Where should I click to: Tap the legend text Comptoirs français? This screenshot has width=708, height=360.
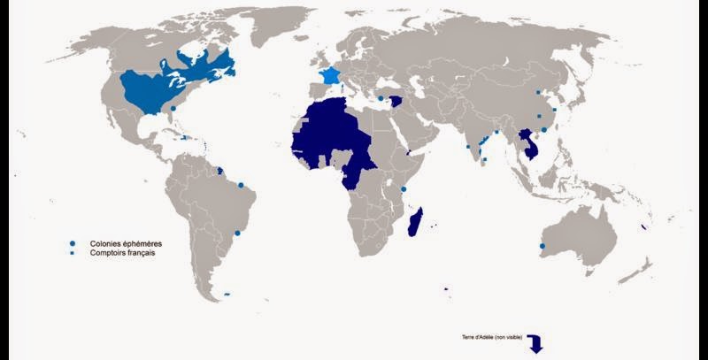click(x=122, y=253)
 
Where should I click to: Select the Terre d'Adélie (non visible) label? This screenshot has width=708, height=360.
click(x=493, y=339)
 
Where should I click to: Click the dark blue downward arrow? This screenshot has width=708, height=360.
click(x=535, y=345)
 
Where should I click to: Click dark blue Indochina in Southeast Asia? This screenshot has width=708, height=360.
click(x=529, y=142)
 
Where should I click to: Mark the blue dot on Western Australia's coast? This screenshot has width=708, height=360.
click(x=542, y=246)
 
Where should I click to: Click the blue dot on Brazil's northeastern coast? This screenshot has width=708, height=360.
click(x=241, y=185)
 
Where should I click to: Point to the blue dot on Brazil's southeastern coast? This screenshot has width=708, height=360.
click(x=237, y=234)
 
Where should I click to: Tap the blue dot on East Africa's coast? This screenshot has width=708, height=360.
click(x=404, y=189)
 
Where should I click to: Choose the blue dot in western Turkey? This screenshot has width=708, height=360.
click(x=381, y=98)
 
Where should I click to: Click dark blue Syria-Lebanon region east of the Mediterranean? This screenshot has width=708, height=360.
click(x=397, y=102)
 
